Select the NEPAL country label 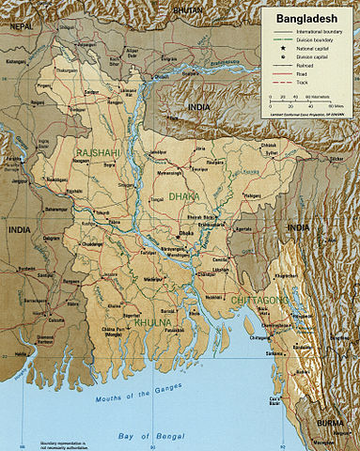point(11,29)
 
